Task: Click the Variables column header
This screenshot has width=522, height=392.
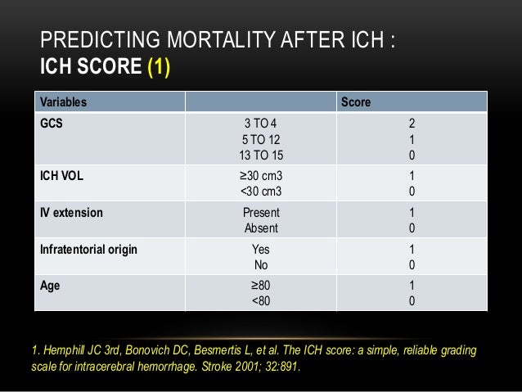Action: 64,102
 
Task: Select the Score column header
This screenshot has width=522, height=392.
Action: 356,102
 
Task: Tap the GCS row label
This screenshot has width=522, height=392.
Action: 52,124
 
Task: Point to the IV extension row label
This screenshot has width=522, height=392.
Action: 72,213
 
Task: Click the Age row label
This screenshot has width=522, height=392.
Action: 51,286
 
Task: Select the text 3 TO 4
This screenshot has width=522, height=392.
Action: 261,124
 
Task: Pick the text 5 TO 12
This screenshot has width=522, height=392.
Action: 261,139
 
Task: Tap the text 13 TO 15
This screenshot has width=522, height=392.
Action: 261,155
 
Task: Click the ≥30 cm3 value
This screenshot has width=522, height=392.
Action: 261,176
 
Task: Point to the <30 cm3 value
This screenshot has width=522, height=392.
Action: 261,191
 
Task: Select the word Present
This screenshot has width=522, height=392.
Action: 261,213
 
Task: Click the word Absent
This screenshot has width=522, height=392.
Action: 261,228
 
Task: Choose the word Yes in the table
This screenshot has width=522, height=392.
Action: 261,250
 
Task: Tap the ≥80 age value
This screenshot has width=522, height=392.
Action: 261,286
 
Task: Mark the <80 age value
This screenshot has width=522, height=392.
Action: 261,302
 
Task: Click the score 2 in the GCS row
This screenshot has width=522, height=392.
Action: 412,124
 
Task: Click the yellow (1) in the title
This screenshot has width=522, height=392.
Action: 158,65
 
